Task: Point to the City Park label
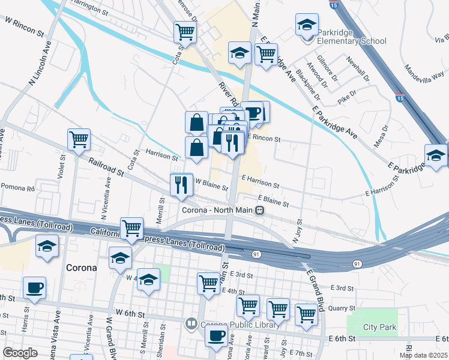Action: [x=380, y=328]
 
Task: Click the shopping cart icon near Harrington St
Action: [x=185, y=32]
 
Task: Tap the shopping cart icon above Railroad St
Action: [x=79, y=140]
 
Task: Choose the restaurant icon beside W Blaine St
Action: [x=181, y=185]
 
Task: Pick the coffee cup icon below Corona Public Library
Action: [x=217, y=337]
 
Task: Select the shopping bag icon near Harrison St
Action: [x=196, y=147]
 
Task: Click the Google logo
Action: [x=20, y=353]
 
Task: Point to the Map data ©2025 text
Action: [x=423, y=355]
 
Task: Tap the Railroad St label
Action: [x=106, y=166]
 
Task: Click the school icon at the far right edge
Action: [x=436, y=155]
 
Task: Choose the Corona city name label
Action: [x=81, y=267]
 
